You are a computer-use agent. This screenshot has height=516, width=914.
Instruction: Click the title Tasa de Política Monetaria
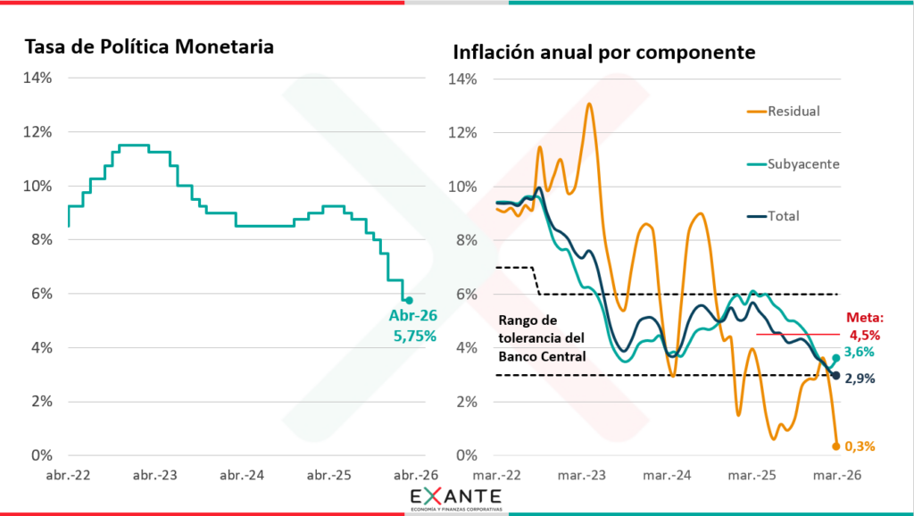coord(148,46)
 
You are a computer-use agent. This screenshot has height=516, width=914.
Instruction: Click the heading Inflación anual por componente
coord(604,52)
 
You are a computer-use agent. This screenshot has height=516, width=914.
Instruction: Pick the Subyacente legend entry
coord(793,164)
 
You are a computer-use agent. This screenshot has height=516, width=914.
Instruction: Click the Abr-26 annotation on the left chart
coord(411,315)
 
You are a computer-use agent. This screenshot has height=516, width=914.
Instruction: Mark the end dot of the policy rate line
coord(409,300)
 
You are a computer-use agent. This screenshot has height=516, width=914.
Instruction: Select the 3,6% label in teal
coord(859,352)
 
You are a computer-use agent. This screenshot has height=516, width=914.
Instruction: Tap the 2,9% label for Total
coord(859,379)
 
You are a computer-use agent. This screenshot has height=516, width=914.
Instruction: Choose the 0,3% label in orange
coord(859,446)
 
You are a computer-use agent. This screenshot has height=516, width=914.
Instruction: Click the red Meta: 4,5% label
coord(863,327)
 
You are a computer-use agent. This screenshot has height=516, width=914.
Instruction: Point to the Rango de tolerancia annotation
coord(540,338)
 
